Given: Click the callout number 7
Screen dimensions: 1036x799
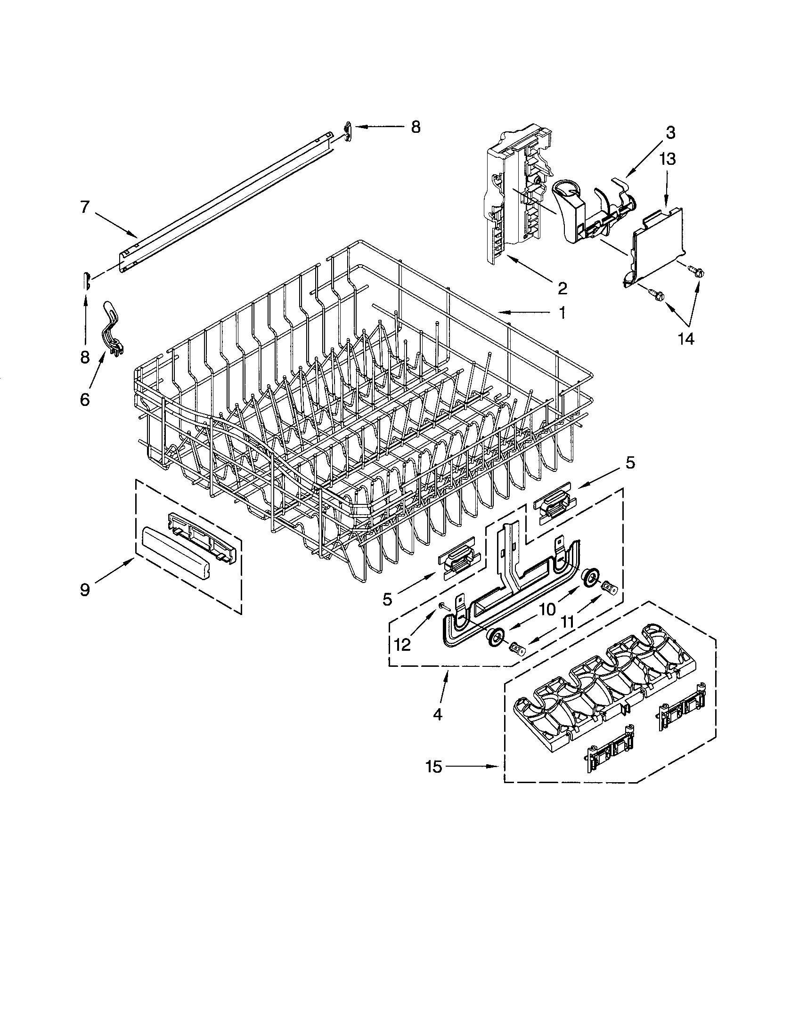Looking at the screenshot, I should (x=84, y=208).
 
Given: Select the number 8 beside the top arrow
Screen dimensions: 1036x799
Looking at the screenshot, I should (x=415, y=127).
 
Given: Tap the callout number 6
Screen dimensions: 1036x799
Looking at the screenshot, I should (x=84, y=399).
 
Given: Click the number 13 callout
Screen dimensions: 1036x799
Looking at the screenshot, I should (x=667, y=159).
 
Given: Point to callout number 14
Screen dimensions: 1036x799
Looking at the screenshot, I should (x=686, y=339).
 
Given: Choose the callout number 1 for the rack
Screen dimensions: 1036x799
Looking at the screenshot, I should (x=561, y=313).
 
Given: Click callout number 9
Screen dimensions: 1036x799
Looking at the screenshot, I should (x=84, y=591).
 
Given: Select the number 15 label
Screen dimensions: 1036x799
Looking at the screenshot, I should (x=434, y=767).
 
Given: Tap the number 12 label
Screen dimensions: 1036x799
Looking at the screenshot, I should (x=402, y=645).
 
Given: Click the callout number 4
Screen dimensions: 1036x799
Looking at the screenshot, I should (x=437, y=714).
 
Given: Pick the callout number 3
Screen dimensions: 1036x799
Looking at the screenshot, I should (x=669, y=133).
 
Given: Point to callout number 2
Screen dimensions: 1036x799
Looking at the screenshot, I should (x=562, y=288).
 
